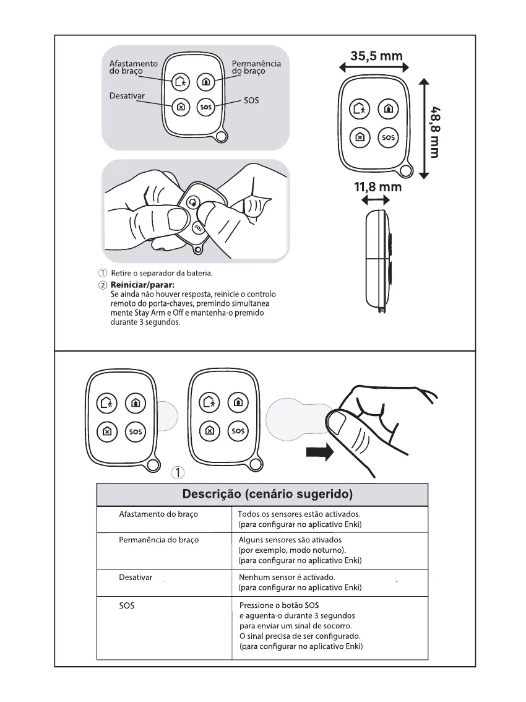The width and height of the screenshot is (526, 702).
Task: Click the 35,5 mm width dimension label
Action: pyautogui.click(x=376, y=56)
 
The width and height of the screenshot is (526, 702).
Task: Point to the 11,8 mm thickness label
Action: pyautogui.click(x=377, y=186)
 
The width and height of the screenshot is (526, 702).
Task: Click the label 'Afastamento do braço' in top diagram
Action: pyautogui.click(x=133, y=67)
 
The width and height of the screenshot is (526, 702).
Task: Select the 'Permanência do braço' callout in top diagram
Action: pyautogui.click(x=256, y=67)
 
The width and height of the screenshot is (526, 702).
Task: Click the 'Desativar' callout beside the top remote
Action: pyautogui.click(x=127, y=96)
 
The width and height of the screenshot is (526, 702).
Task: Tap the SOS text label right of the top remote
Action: pyautogui.click(x=251, y=100)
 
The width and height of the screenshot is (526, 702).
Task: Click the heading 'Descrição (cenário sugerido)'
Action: pyautogui.click(x=267, y=495)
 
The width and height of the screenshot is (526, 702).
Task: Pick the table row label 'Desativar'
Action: pyautogui.click(x=136, y=577)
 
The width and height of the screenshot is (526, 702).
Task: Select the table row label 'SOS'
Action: pyautogui.click(x=126, y=606)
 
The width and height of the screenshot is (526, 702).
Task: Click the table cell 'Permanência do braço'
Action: pyautogui.click(x=158, y=540)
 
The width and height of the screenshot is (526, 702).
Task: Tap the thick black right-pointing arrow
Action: pyautogui.click(x=319, y=452)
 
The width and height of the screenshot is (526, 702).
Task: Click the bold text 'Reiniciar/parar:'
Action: pyautogui.click(x=139, y=284)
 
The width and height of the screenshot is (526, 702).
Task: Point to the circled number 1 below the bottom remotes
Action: pyautogui.click(x=178, y=474)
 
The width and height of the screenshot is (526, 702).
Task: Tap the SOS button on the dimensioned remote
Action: pyautogui.click(x=388, y=137)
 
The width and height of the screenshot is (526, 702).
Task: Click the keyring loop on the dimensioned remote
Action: pyautogui.click(x=406, y=171)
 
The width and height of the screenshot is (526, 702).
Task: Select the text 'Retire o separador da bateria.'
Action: pyautogui.click(x=162, y=273)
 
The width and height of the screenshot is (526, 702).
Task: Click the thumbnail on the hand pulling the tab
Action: pyautogui.click(x=338, y=424)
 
